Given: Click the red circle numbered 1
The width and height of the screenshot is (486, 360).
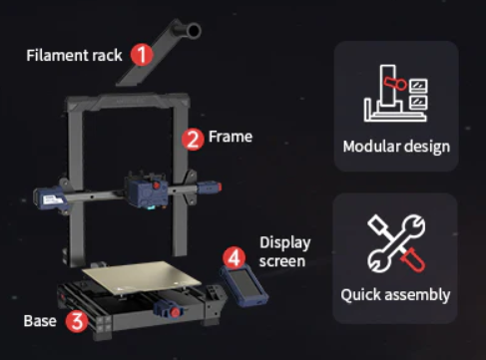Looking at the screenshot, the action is click(x=142, y=55).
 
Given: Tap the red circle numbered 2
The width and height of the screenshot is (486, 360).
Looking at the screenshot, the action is click(x=193, y=140).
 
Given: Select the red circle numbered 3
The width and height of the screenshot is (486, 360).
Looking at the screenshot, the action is click(x=77, y=321).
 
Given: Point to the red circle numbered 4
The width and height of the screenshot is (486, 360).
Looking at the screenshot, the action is click(x=235, y=257).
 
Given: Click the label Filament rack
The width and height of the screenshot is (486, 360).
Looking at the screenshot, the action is click(x=74, y=55).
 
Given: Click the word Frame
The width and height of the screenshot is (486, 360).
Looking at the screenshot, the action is click(x=231, y=137).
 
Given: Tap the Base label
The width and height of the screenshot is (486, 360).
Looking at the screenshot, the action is click(x=40, y=321).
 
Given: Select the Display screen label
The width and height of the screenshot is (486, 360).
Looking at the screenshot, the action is click(x=285, y=252).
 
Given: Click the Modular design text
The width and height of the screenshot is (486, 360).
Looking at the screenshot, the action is click(x=396, y=147).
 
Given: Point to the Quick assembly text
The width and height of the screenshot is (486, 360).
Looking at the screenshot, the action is click(x=395, y=295).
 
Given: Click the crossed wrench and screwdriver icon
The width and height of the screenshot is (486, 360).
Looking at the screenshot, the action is click(x=396, y=243).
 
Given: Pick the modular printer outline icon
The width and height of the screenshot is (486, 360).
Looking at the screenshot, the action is click(x=396, y=93).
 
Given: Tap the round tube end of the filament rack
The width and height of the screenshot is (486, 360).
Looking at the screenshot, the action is click(x=193, y=31).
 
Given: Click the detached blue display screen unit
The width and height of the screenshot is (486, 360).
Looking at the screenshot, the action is click(x=244, y=285).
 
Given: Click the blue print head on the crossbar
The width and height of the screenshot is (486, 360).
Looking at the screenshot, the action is click(x=147, y=191).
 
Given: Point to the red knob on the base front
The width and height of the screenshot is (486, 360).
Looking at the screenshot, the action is click(x=175, y=312).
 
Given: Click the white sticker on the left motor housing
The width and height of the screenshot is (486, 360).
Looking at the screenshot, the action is click(x=53, y=199).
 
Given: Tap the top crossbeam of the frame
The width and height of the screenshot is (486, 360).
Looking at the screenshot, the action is click(x=128, y=102).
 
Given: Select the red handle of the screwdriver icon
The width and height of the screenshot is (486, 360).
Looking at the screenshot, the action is click(x=413, y=259).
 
